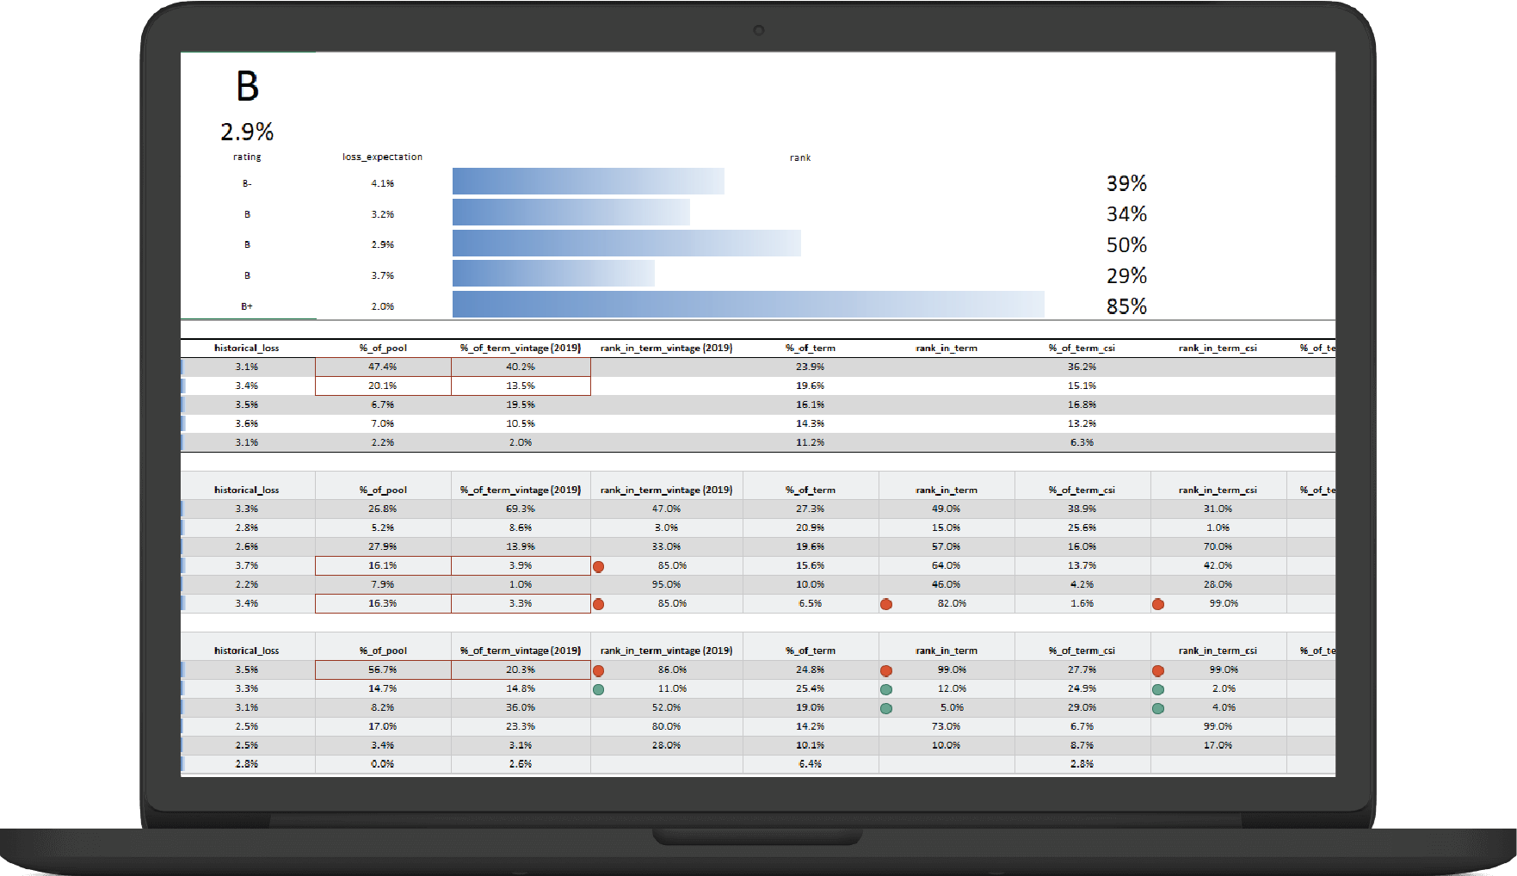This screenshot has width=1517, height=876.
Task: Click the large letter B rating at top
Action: (x=247, y=87)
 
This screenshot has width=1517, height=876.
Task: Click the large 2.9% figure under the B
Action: (x=247, y=132)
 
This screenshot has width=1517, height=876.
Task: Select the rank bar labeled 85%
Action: (x=748, y=305)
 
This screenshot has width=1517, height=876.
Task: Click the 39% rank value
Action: (x=1126, y=183)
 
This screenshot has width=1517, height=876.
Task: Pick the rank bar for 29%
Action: (x=553, y=274)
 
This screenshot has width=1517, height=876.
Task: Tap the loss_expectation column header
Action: (x=382, y=157)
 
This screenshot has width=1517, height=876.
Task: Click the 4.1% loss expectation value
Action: (x=382, y=183)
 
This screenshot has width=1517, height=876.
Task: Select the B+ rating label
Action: (x=247, y=306)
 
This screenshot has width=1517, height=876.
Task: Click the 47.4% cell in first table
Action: (x=382, y=367)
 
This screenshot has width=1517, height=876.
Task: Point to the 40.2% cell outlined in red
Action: (x=520, y=367)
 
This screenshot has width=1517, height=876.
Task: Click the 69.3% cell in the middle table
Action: (x=520, y=509)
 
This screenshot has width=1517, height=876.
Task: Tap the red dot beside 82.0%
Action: (x=886, y=604)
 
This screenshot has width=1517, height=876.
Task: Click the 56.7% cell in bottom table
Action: (x=382, y=669)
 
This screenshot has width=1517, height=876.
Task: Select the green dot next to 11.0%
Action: (x=598, y=689)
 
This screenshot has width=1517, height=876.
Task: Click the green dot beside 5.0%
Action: (x=886, y=708)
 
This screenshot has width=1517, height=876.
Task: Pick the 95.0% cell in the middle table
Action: (x=666, y=584)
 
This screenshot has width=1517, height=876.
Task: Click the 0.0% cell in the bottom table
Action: (x=382, y=764)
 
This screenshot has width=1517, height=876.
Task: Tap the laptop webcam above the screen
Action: (x=758, y=30)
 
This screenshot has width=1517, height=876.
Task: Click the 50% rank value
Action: (x=1126, y=245)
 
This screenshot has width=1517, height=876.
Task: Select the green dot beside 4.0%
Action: (x=1158, y=708)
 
